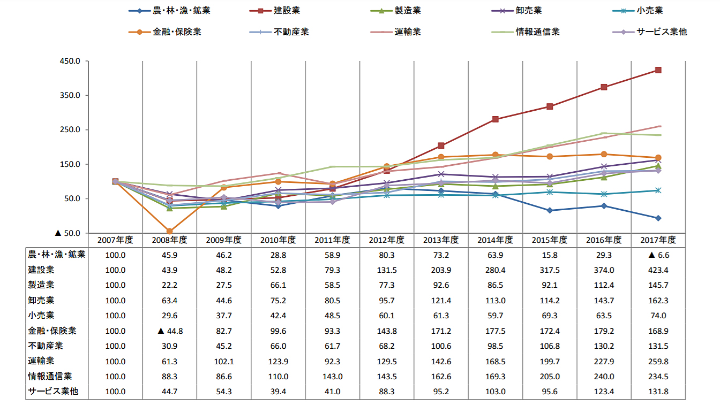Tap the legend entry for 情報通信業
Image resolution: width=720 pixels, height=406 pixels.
pos(537,32)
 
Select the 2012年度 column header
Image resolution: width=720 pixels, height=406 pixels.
pos(386,240)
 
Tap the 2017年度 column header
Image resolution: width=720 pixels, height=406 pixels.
pos(658,240)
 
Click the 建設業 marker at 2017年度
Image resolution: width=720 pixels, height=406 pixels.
pos(658,70)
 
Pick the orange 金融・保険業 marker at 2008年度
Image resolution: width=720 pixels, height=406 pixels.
pos(169,231)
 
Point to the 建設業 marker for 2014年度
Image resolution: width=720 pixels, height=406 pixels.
pos(495,119)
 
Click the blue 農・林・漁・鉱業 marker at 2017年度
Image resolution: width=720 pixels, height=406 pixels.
pos(658,218)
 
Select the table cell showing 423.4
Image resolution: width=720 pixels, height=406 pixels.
pos(658,270)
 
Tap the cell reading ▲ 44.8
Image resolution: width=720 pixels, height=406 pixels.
pos(169,331)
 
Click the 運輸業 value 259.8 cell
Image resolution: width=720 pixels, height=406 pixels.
pos(658,361)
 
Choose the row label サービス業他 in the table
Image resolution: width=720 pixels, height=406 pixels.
pos(53,392)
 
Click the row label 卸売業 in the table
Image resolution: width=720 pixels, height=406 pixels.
pos(41,300)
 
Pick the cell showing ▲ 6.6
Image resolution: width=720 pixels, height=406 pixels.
pos(658,255)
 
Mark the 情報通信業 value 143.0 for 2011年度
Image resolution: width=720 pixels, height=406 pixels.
pos(332,376)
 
